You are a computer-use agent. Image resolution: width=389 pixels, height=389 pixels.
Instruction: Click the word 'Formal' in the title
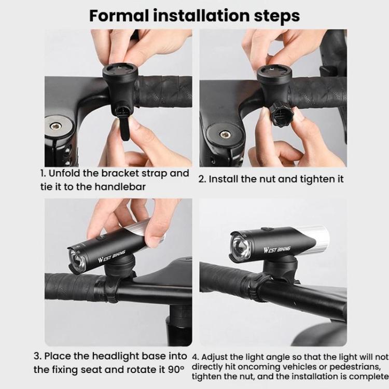tap(119, 16)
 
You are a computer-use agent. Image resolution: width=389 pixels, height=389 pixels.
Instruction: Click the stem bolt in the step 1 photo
tap(55, 126)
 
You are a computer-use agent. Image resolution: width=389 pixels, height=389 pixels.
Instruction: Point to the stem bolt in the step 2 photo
tap(225, 134)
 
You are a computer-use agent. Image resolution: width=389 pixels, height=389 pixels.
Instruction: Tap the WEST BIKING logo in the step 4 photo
tap(276, 249)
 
